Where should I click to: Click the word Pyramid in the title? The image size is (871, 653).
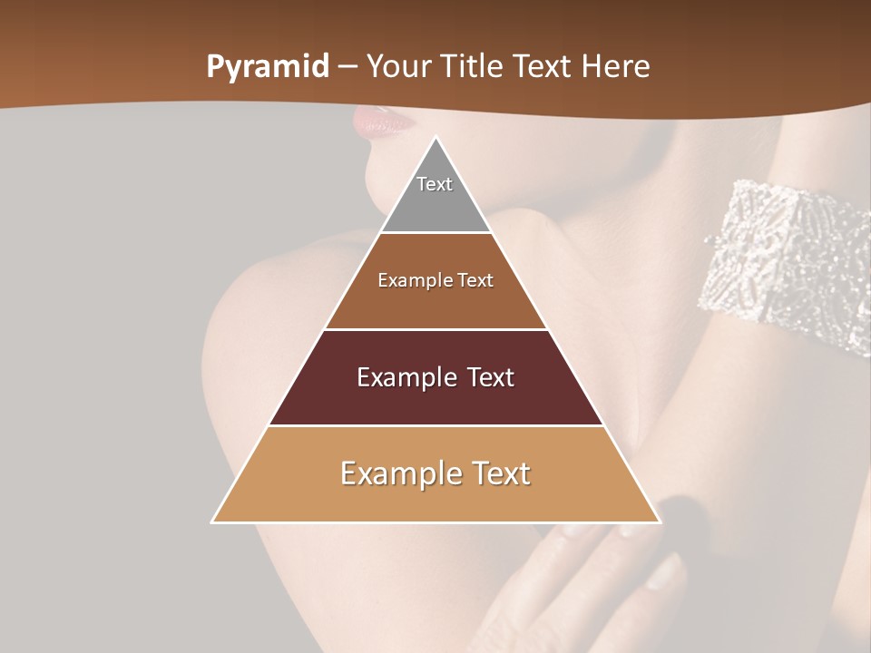pos(267,67)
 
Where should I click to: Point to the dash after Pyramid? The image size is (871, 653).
pos(347,67)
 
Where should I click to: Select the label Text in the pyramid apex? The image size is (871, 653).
pos(435,184)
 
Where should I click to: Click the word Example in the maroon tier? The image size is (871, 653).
pos(404,377)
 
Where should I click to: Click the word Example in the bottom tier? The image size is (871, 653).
pos(395,473)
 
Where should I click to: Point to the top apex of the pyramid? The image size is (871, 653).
pos(435,139)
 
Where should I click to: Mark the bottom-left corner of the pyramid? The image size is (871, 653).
pos(213,521)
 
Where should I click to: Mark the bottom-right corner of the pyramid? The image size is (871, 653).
pos(659,521)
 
